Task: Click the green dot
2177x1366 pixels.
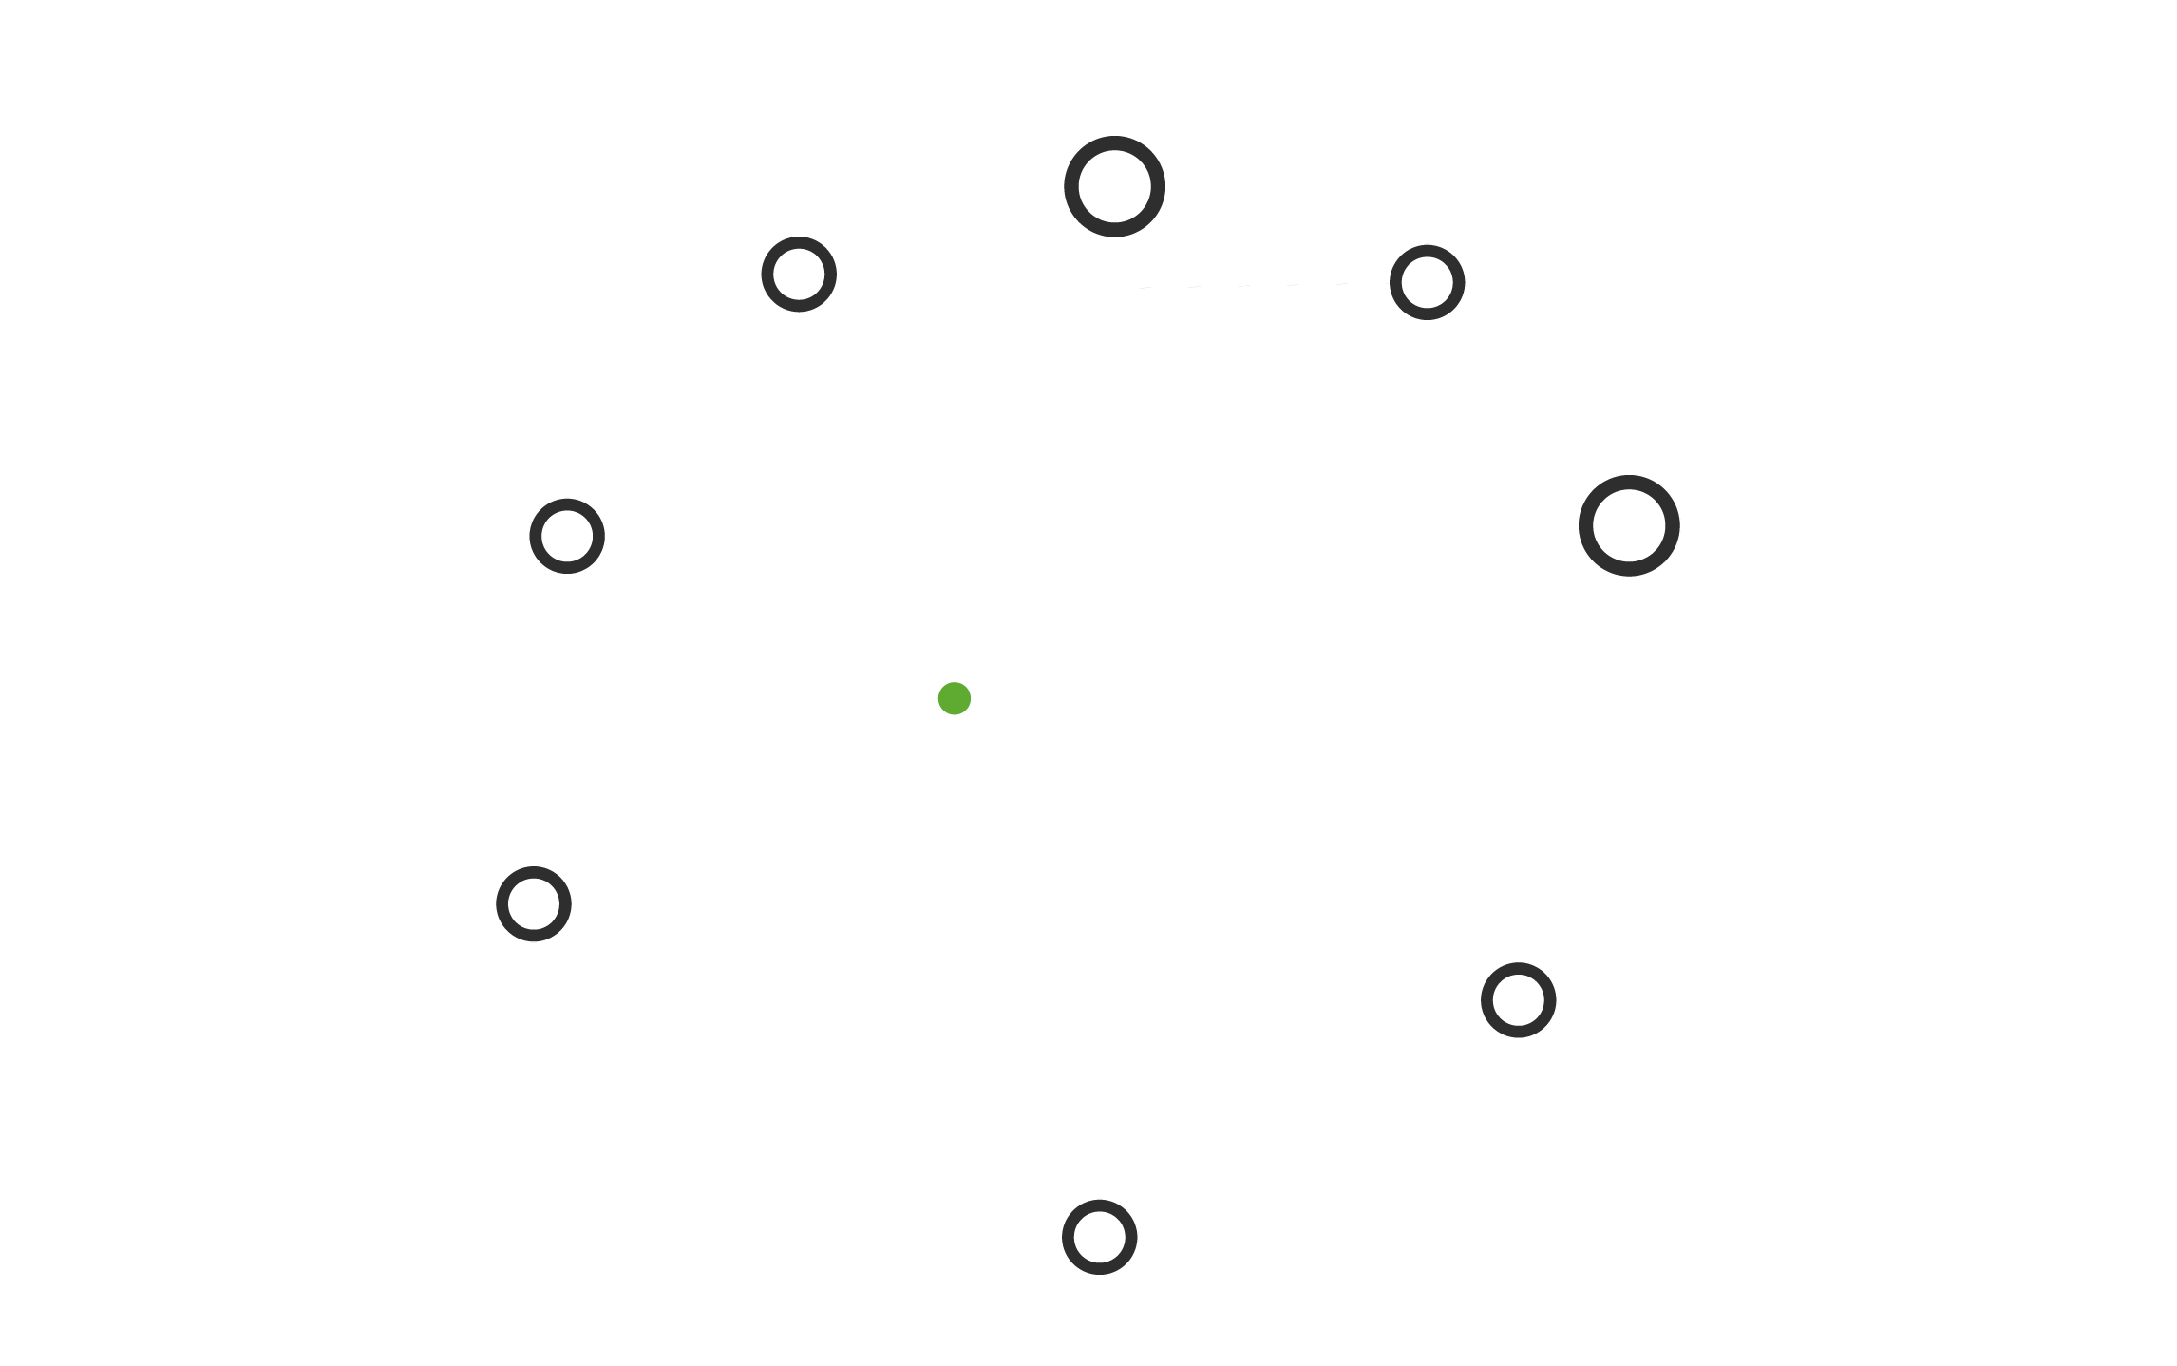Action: click(x=954, y=698)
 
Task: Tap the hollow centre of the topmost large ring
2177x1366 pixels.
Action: click(x=1114, y=186)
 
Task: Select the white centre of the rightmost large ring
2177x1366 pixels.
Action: click(x=1628, y=525)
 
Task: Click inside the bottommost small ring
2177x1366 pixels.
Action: click(x=1099, y=1237)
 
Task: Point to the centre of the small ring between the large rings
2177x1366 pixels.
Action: click(x=1427, y=282)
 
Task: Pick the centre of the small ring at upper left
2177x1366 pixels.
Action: click(x=799, y=275)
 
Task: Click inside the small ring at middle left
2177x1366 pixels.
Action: click(x=567, y=536)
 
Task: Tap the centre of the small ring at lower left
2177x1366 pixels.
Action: click(x=534, y=903)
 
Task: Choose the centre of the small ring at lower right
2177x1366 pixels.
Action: click(x=1518, y=999)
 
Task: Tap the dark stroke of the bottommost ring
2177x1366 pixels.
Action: click(x=1068, y=1237)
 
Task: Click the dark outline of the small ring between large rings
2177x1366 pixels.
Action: click(x=1395, y=282)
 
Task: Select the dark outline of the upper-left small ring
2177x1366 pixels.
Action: click(x=767, y=275)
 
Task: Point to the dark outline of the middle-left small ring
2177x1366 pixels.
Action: click(x=536, y=536)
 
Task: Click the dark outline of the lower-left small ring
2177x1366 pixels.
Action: click(x=502, y=903)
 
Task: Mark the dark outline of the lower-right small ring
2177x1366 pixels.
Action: click(x=1486, y=999)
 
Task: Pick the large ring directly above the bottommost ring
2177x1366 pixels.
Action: click(x=1114, y=186)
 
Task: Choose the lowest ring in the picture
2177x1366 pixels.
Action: click(x=1099, y=1237)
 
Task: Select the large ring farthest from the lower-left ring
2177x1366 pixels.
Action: click(x=1628, y=525)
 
